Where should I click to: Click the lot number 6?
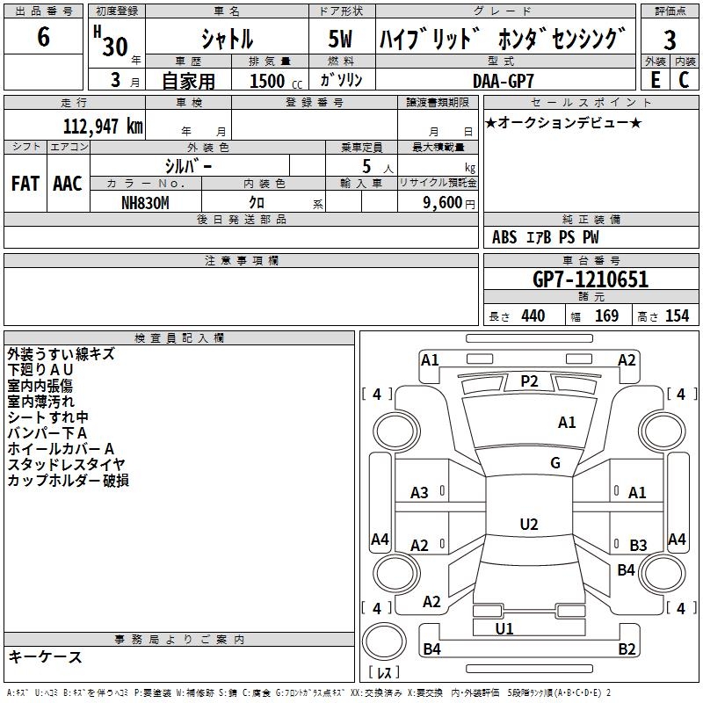pyautogui.click(x=43, y=38)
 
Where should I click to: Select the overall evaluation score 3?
pyautogui.click(x=670, y=40)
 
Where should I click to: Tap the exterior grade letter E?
pyautogui.click(x=655, y=79)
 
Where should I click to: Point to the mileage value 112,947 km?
pyautogui.click(x=104, y=126)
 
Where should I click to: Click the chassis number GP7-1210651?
pyautogui.click(x=591, y=280)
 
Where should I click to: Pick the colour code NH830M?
pyautogui.click(x=145, y=201)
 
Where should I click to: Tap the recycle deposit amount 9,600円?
pyautogui.click(x=443, y=201)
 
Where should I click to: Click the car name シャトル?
pyautogui.click(x=227, y=40)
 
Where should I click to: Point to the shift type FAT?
pyautogui.click(x=25, y=184)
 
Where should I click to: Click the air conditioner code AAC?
pyautogui.click(x=68, y=184)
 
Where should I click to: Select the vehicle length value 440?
pyautogui.click(x=533, y=315)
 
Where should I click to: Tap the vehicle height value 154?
pyautogui.click(x=677, y=315)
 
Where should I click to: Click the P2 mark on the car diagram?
pyautogui.click(x=529, y=380)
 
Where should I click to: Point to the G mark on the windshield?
pyautogui.click(x=554, y=463)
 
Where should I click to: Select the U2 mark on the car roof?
pyautogui.click(x=528, y=525)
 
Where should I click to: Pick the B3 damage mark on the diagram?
pyautogui.click(x=638, y=546)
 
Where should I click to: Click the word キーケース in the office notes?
pyautogui.click(x=45, y=656)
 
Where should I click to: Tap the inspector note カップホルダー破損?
pyautogui.click(x=69, y=480)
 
